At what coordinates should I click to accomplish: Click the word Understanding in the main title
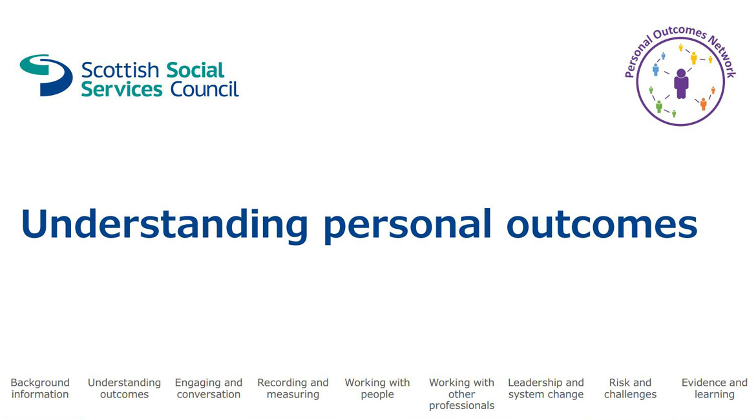tap(164, 224)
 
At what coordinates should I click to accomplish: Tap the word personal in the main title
tap(408, 227)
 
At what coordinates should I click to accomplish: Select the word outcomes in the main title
tap(602, 226)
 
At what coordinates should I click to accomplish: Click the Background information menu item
tap(40, 388)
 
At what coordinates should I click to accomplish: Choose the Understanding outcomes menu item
tap(125, 388)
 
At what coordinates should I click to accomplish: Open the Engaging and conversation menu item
tap(208, 388)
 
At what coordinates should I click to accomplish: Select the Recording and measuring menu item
tap(293, 388)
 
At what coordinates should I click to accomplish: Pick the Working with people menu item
tap(377, 388)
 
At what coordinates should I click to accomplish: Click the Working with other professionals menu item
tap(461, 394)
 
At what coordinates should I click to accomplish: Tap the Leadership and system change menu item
tap(546, 388)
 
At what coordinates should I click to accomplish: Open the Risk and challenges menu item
tap(630, 388)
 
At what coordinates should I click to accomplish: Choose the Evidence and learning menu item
tap(715, 388)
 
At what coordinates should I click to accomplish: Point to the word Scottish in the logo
tap(120, 70)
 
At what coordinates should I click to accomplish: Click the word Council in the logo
tap(204, 89)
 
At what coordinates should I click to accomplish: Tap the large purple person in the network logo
tap(681, 83)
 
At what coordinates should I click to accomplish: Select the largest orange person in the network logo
tap(704, 103)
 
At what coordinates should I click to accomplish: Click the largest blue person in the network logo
tap(656, 69)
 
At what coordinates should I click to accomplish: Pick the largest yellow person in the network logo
tap(694, 58)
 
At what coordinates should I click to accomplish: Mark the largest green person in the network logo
tap(659, 107)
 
